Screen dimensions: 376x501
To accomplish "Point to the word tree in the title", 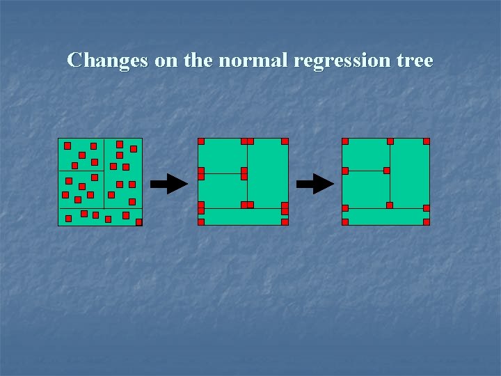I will pyautogui.click(x=415, y=61).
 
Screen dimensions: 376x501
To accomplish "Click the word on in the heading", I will pyautogui.click(x=166, y=61).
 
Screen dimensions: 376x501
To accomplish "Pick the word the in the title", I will pyautogui.click(x=199, y=61).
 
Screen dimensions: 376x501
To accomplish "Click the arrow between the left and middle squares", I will pyautogui.click(x=169, y=184).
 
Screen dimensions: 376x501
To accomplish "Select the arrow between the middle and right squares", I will pyautogui.click(x=315, y=184).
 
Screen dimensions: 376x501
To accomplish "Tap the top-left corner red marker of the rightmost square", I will pyautogui.click(x=345, y=141).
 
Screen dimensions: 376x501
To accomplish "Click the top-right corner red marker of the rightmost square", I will pyautogui.click(x=427, y=141).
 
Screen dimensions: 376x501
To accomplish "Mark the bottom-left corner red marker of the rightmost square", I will pyautogui.click(x=345, y=222).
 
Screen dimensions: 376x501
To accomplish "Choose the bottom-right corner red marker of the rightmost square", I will pyautogui.click(x=427, y=222).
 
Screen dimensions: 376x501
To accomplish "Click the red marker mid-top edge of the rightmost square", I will pyautogui.click(x=390, y=141).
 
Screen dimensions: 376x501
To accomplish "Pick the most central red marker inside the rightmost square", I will pyautogui.click(x=387, y=171).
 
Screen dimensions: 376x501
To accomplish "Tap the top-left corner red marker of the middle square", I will pyautogui.click(x=201, y=141).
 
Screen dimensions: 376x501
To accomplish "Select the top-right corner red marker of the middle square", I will pyautogui.click(x=285, y=141).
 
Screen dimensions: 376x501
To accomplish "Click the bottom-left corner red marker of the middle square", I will pyautogui.click(x=201, y=222).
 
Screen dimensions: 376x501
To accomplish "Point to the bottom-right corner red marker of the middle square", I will pyautogui.click(x=285, y=222).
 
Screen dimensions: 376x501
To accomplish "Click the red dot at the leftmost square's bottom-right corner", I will pyautogui.click(x=139, y=223).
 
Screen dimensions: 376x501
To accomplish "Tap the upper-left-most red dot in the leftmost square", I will pyautogui.click(x=67, y=146).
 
